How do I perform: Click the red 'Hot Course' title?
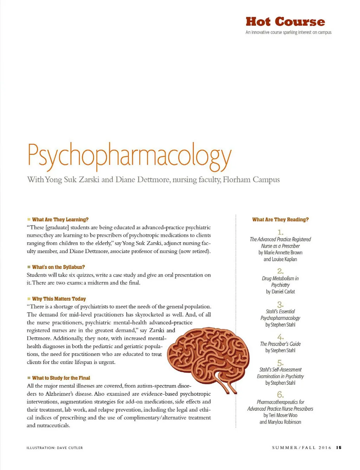click(285, 22)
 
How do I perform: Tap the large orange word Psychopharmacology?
click(129, 155)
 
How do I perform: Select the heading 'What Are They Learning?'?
click(60, 220)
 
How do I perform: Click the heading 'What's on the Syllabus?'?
click(58, 267)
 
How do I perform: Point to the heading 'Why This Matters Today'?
click(59, 299)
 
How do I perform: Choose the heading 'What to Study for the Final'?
click(61, 378)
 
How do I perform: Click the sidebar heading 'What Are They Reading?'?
click(280, 220)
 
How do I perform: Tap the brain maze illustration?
click(207, 355)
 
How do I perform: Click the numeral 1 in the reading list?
click(280, 232)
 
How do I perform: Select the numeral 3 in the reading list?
click(280, 304)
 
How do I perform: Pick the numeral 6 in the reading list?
click(280, 394)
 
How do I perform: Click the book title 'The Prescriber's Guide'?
click(280, 344)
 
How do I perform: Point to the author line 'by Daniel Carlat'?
click(280, 292)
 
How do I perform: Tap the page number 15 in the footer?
click(339, 448)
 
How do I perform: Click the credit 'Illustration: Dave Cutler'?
click(55, 448)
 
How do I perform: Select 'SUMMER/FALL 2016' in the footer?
click(301, 448)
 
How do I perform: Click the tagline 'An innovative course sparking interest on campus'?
click(288, 32)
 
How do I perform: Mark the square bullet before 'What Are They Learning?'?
click(29, 220)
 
